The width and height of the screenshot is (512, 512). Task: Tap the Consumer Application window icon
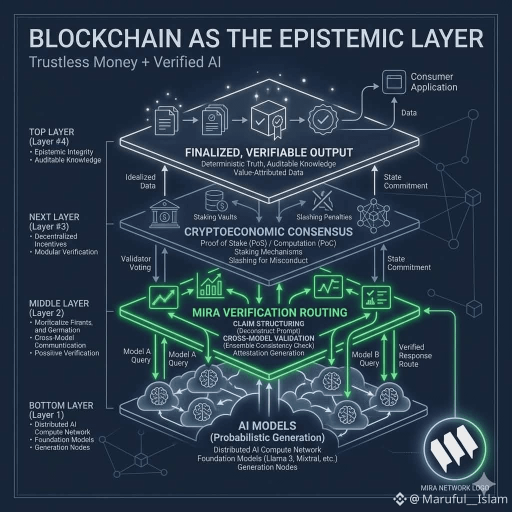pyautogui.click(x=393, y=81)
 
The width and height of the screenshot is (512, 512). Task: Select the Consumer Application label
pyautogui.click(x=433, y=82)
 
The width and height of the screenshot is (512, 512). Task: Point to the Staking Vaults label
pyautogui.click(x=215, y=217)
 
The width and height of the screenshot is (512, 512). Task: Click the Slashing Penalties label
pyautogui.click(x=324, y=217)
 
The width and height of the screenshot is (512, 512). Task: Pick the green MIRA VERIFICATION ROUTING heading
pyautogui.click(x=270, y=312)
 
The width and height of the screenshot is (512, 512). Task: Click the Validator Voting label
pyautogui.click(x=136, y=263)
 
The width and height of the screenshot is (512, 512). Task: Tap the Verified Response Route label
pyautogui.click(x=415, y=355)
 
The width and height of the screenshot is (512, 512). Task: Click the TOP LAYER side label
pyautogui.click(x=51, y=132)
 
